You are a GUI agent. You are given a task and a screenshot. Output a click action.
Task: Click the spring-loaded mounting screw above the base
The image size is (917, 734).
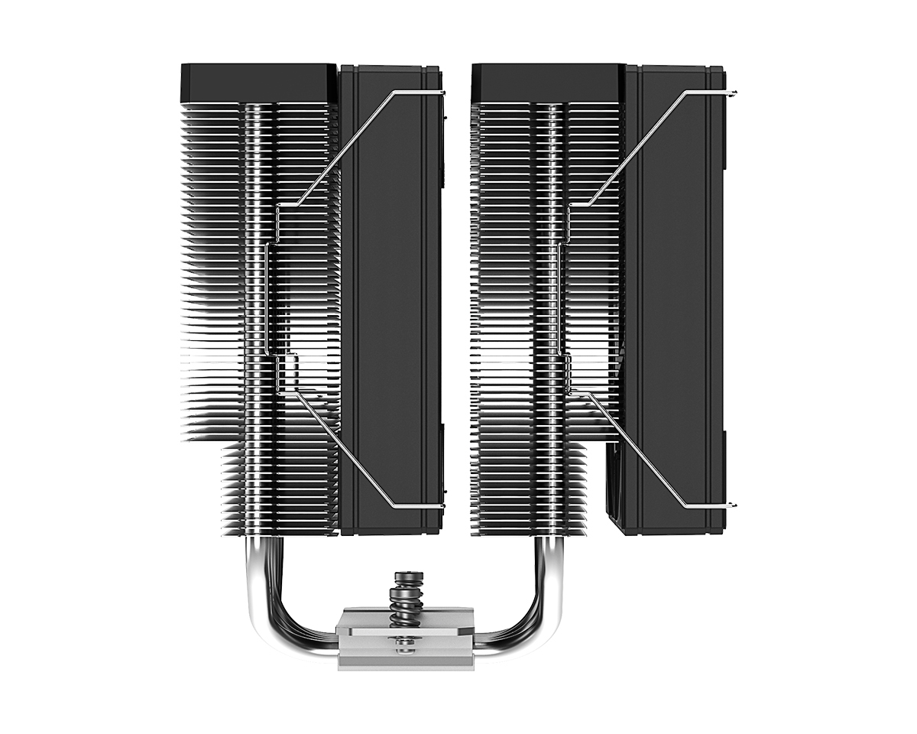pyautogui.click(x=404, y=597)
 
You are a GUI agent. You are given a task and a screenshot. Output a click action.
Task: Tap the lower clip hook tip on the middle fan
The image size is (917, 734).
pyautogui.click(x=442, y=506)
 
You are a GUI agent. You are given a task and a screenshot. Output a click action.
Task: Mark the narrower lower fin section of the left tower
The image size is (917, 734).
pyautogui.click(x=279, y=489)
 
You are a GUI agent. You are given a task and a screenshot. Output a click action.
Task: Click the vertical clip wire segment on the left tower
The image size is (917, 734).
pyautogui.click(x=267, y=298)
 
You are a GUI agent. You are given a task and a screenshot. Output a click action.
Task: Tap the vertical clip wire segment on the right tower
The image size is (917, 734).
pyautogui.click(x=562, y=298)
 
